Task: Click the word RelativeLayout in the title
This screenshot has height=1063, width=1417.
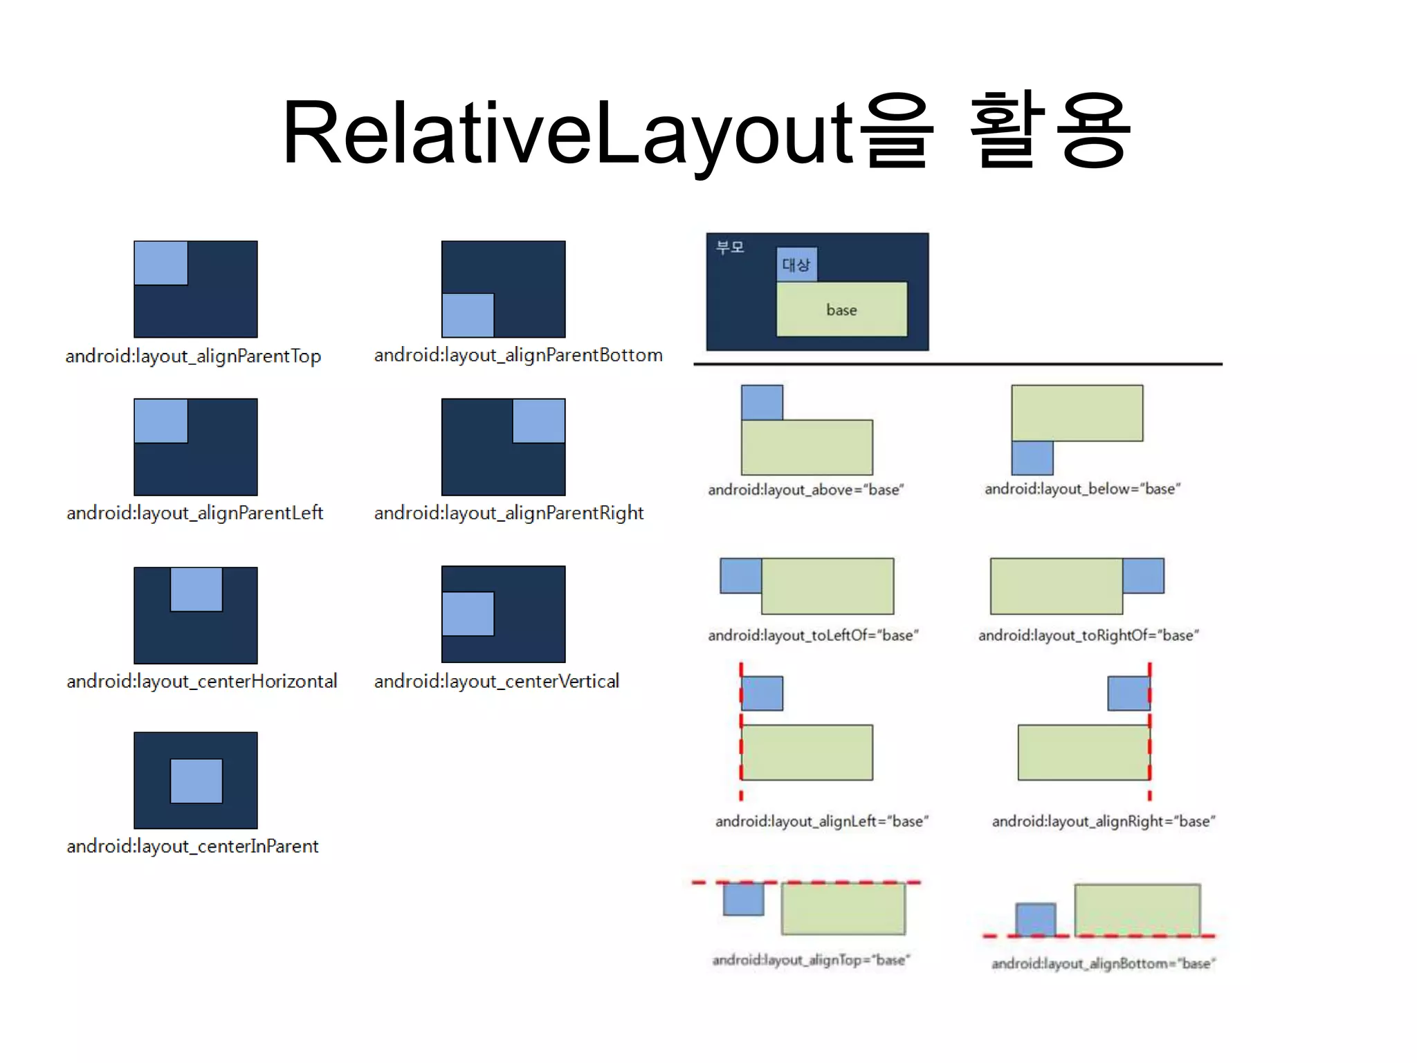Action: pyautogui.click(x=567, y=133)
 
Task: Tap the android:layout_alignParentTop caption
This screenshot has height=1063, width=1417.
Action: pyautogui.click(x=193, y=356)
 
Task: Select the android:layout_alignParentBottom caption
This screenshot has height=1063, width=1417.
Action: pyautogui.click(x=518, y=356)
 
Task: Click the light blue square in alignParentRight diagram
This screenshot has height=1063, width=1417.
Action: pyautogui.click(x=538, y=421)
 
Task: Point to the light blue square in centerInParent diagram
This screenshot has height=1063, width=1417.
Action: pyautogui.click(x=196, y=781)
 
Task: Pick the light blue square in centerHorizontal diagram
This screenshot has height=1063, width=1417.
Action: pyautogui.click(x=196, y=590)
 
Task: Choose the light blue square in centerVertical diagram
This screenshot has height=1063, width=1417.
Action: pyautogui.click(x=468, y=614)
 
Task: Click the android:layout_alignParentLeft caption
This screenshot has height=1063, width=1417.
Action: pyautogui.click(x=194, y=514)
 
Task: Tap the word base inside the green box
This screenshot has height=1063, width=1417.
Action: pyautogui.click(x=841, y=310)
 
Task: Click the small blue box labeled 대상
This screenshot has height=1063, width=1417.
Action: pyautogui.click(x=796, y=264)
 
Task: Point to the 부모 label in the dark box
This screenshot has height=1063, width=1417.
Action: pyautogui.click(x=730, y=248)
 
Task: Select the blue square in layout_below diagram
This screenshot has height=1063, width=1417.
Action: pyautogui.click(x=1032, y=457)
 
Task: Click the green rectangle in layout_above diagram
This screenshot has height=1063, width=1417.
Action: pyautogui.click(x=807, y=447)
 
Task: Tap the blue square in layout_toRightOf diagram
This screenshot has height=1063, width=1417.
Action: pyautogui.click(x=1143, y=576)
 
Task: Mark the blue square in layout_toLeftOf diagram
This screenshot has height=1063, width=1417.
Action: pyautogui.click(x=741, y=576)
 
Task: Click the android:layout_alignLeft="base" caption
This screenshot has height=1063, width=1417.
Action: pyautogui.click(x=821, y=821)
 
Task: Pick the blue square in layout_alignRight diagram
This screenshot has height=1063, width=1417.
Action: pyautogui.click(x=1128, y=693)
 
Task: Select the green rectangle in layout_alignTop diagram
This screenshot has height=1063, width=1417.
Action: pyautogui.click(x=843, y=909)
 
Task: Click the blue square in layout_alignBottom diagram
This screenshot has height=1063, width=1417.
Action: pyautogui.click(x=1036, y=920)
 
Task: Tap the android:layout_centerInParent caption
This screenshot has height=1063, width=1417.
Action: pyautogui.click(x=192, y=846)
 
